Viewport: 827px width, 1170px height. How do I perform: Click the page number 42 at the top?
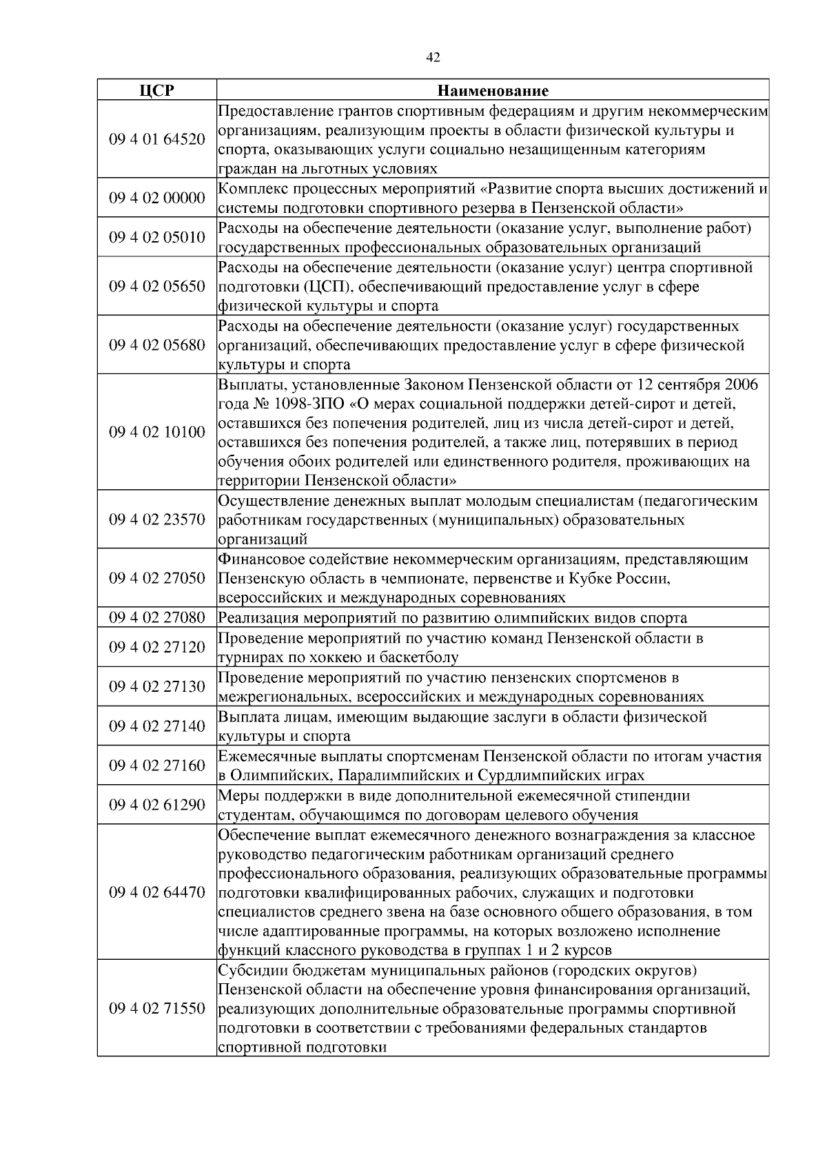(x=433, y=58)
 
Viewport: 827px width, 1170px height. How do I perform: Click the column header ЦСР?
(x=156, y=91)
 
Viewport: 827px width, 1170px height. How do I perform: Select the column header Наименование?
(x=493, y=91)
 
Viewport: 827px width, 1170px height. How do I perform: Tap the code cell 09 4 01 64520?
(x=157, y=139)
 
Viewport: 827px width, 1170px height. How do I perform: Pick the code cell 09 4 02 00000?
(x=157, y=198)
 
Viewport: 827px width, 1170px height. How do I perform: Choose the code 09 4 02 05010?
(x=157, y=238)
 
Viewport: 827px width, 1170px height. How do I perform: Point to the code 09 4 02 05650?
(x=157, y=287)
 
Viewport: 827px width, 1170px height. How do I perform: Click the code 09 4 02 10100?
(x=157, y=433)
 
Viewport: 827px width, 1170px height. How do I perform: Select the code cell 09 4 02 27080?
(x=157, y=618)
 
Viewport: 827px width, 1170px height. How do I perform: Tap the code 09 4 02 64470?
(x=157, y=893)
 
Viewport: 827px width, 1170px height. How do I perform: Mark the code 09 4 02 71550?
(x=157, y=1009)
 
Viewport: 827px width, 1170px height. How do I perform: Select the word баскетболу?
(x=418, y=657)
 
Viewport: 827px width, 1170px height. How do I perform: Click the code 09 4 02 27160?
(x=157, y=766)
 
